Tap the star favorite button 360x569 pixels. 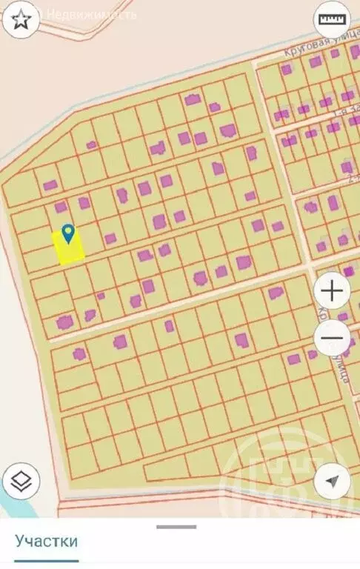tap(20, 19)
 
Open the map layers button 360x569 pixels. tap(21, 482)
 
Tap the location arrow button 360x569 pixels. tap(333, 482)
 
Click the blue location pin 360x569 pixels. tap(69, 234)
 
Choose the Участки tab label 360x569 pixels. tap(47, 542)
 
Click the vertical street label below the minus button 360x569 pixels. tap(341, 370)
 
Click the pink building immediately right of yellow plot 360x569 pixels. tap(110, 239)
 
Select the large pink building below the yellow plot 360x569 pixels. tap(64, 322)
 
